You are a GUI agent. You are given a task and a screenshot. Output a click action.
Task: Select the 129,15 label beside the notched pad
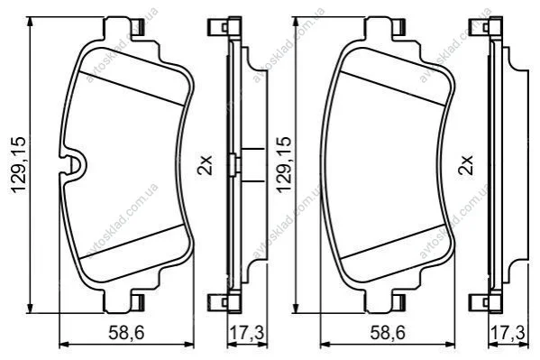[x=19, y=165]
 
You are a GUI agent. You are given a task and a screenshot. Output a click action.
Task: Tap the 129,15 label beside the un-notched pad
[x=284, y=165]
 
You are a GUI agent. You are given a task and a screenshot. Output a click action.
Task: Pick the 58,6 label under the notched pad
[x=126, y=333]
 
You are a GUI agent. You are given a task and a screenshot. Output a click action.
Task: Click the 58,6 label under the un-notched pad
[x=389, y=333]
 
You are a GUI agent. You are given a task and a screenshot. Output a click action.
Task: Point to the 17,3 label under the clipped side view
[x=247, y=333]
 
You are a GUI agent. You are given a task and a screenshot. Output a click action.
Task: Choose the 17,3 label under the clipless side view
[x=508, y=333]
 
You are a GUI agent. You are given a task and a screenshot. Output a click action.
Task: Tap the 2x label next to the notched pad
[x=205, y=165]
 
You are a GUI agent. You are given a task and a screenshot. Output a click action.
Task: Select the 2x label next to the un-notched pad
[x=466, y=165]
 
